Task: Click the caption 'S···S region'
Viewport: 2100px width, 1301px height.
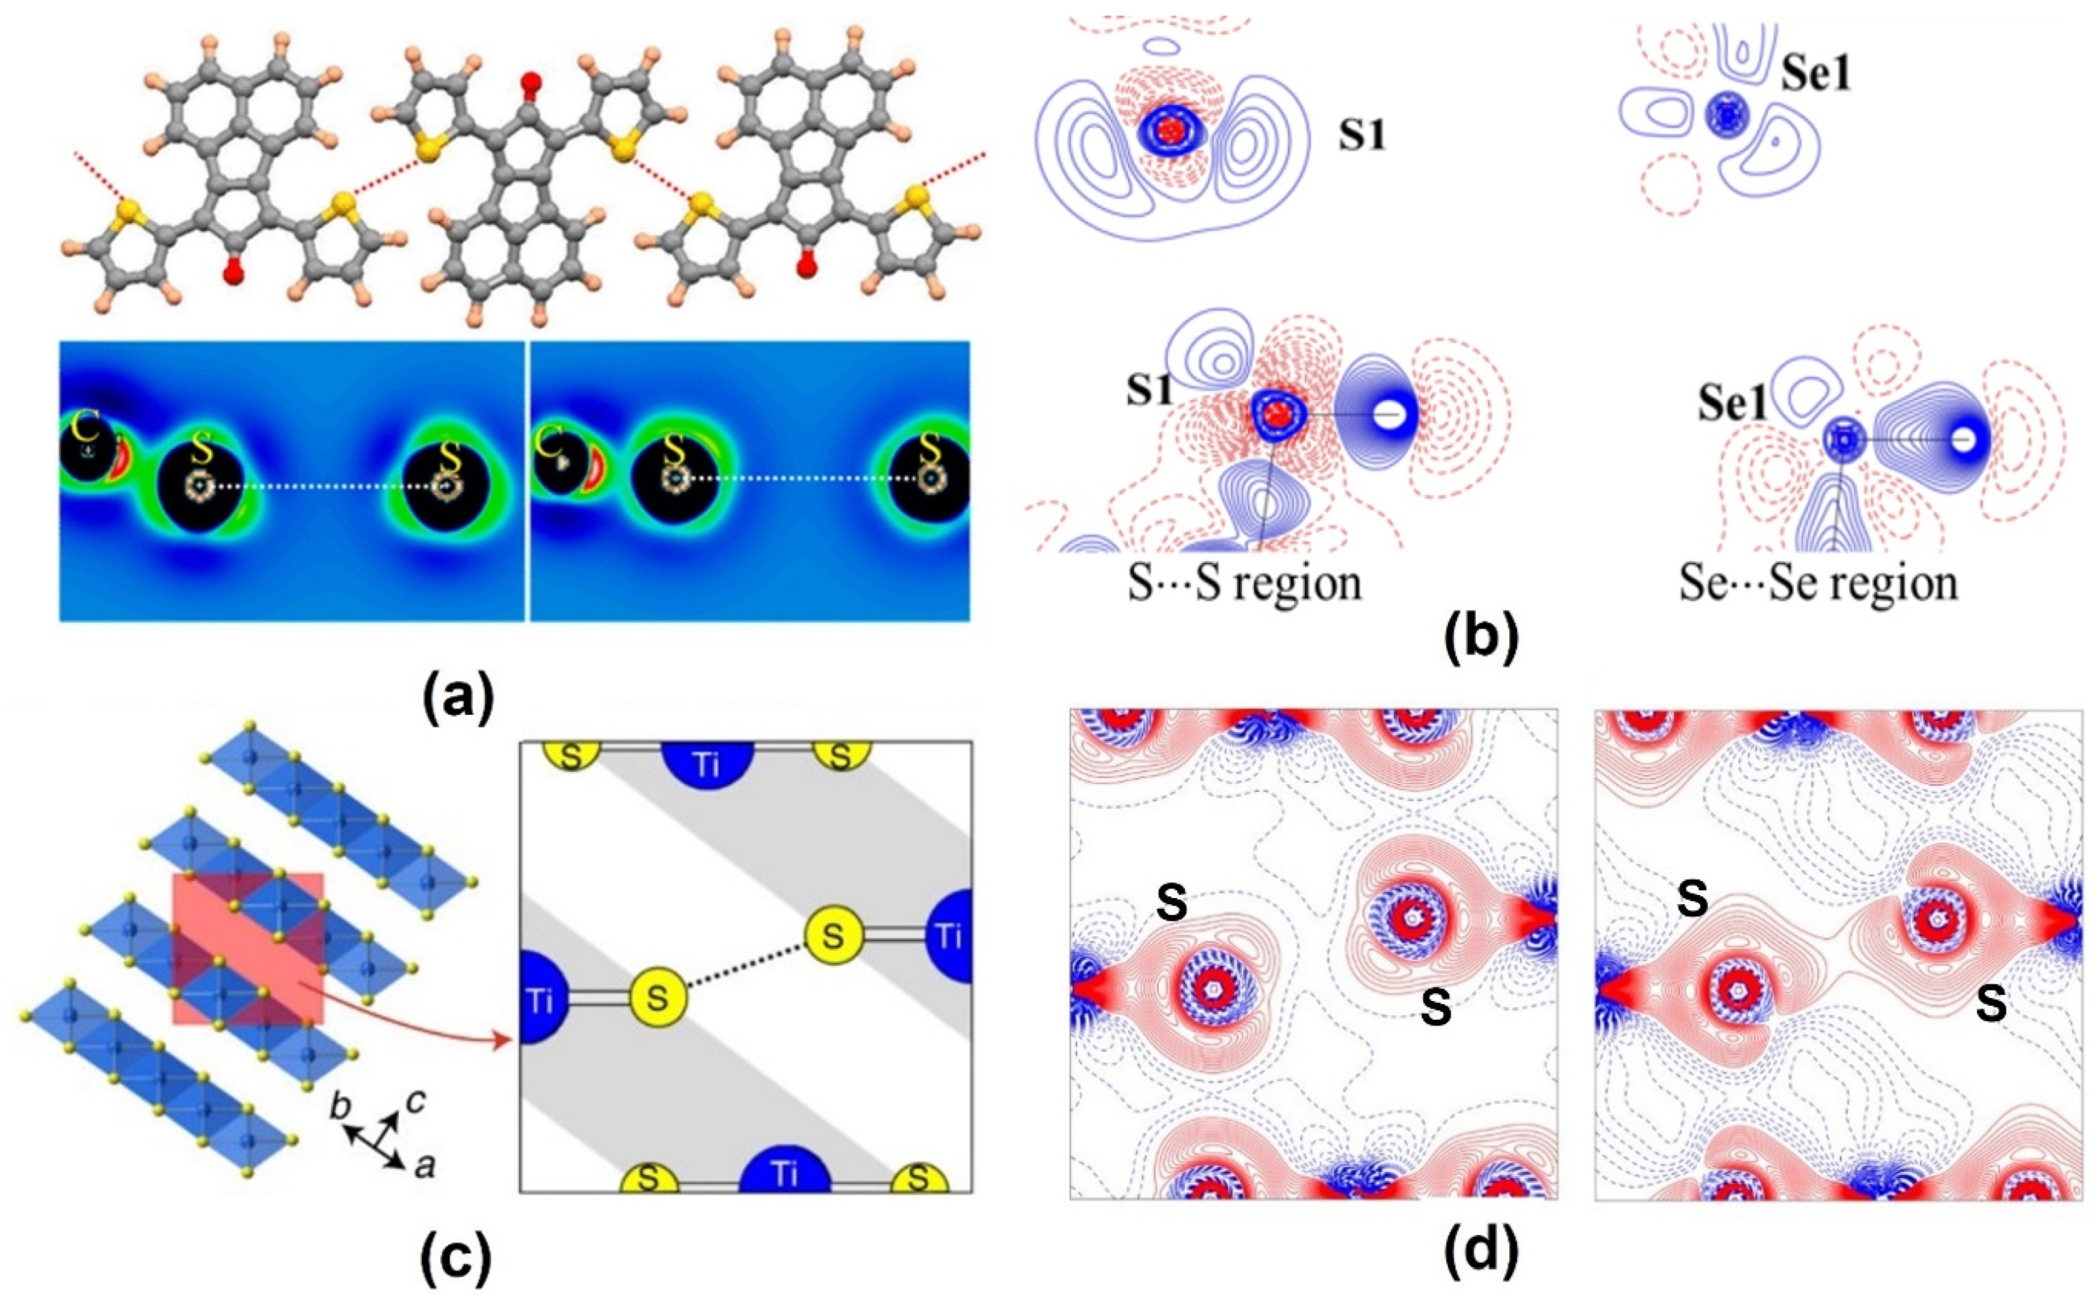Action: [x=1245, y=583]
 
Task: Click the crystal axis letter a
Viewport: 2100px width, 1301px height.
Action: [x=423, y=1166]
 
